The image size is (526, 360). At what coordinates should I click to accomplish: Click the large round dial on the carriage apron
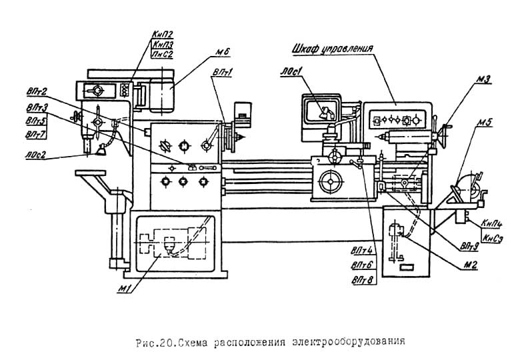click(x=331, y=182)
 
